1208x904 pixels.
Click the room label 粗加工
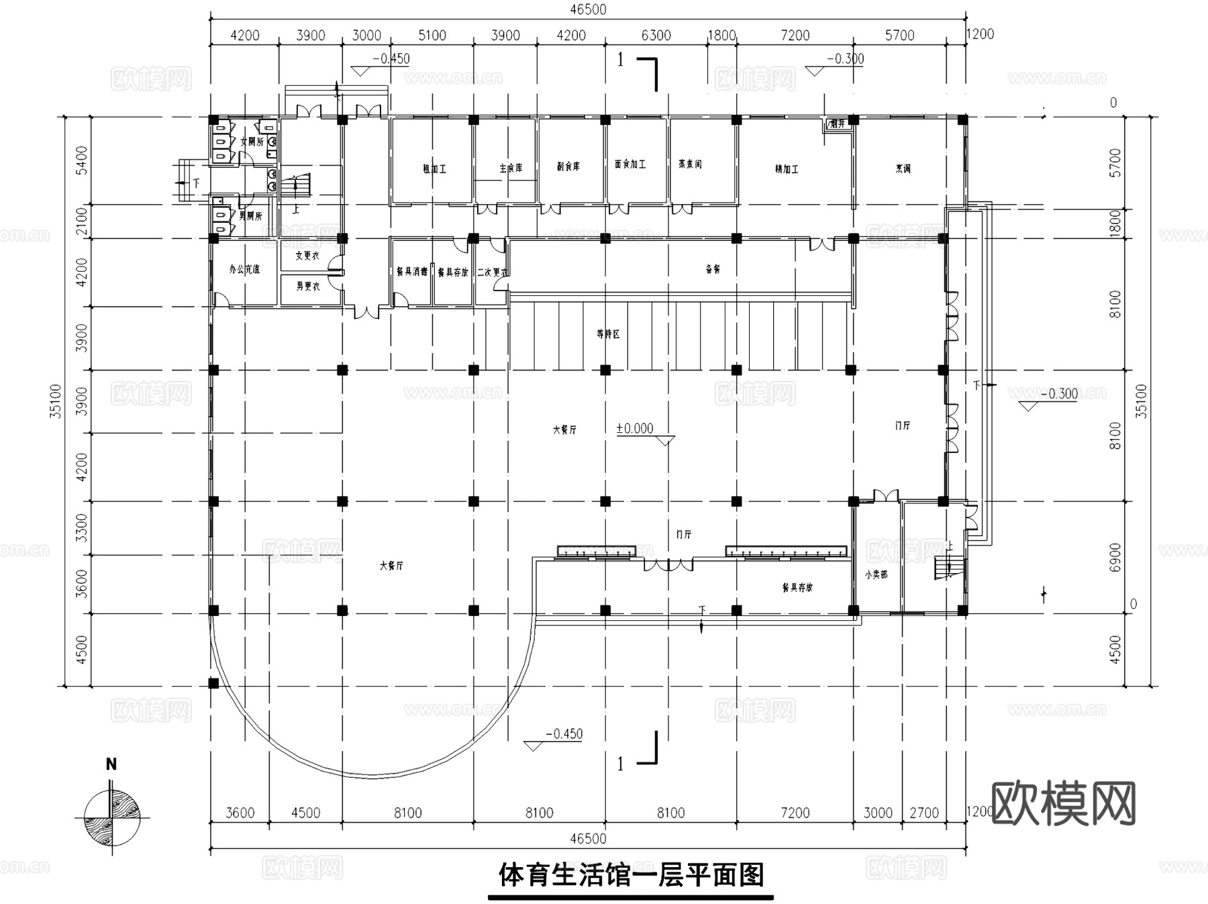click(x=434, y=169)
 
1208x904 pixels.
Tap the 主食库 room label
click(x=510, y=168)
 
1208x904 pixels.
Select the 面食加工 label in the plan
click(x=630, y=164)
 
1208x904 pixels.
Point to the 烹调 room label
click(x=903, y=168)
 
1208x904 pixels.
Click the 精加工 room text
click(x=787, y=169)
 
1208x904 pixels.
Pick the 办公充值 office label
click(x=244, y=269)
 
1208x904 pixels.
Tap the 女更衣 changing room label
click(x=307, y=256)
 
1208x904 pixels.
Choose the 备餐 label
click(x=713, y=269)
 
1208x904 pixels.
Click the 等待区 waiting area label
click(x=608, y=334)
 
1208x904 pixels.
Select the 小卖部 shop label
click(x=876, y=574)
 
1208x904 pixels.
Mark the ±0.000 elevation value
click(x=635, y=429)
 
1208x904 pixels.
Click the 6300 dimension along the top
click(x=656, y=36)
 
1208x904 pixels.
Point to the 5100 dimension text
click(x=432, y=36)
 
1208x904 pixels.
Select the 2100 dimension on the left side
click(x=82, y=221)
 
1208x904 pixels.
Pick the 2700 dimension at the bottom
click(x=923, y=813)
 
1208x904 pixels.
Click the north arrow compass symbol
click(x=111, y=817)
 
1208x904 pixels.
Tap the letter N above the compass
click(x=111, y=764)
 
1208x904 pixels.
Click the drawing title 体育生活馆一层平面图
click(x=631, y=875)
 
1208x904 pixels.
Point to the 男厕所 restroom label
click(x=250, y=216)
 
